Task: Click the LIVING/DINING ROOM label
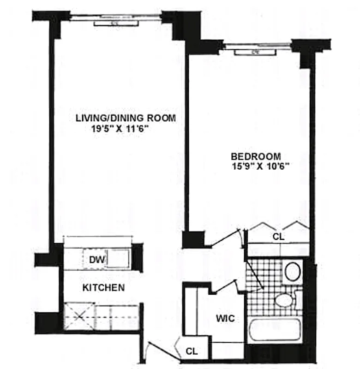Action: [126, 118]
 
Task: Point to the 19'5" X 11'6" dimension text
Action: [122, 130]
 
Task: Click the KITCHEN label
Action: [103, 288]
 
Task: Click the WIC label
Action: [225, 319]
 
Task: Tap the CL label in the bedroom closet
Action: [278, 237]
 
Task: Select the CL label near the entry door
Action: [192, 351]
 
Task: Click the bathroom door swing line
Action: [254, 274]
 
